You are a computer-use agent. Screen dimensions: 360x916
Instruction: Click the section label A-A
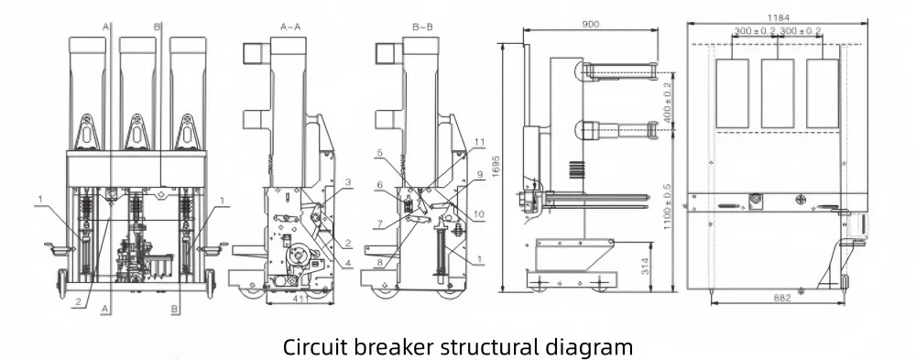point(289,28)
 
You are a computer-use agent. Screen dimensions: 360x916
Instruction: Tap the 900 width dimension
point(590,22)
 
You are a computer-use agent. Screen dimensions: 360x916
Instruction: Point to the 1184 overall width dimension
point(780,17)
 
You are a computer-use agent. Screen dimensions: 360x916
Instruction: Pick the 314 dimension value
point(648,267)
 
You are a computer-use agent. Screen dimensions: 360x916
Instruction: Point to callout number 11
point(478,143)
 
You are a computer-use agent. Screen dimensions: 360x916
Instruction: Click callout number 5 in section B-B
point(378,153)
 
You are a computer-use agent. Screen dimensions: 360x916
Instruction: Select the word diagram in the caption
point(587,347)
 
